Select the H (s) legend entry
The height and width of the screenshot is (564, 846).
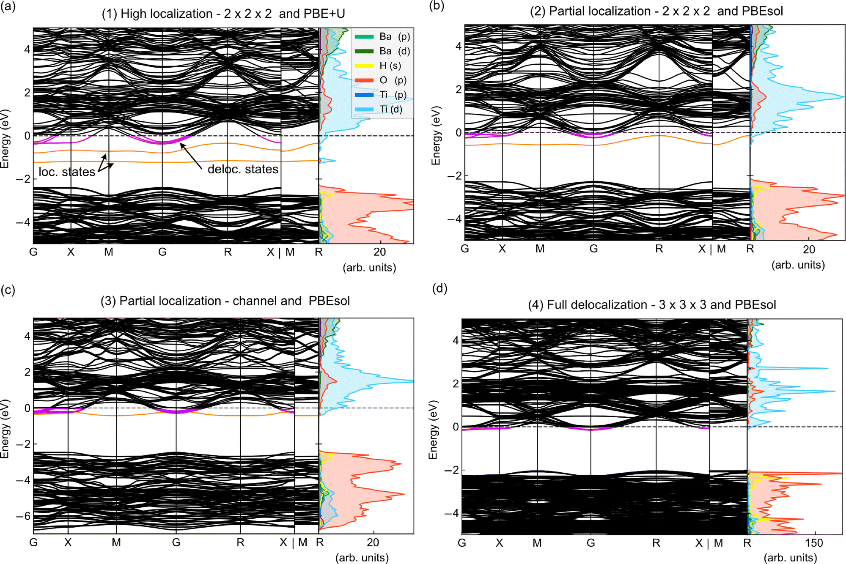pyautogui.click(x=390, y=66)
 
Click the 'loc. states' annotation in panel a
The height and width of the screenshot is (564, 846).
pyautogui.click(x=67, y=172)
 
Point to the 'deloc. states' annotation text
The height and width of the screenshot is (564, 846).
pyautogui.click(x=243, y=169)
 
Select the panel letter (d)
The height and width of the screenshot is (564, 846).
pyautogui.click(x=439, y=288)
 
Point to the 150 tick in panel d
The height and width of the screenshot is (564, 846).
pyautogui.click(x=814, y=543)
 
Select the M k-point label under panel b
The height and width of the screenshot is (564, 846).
pyautogui.click(x=540, y=249)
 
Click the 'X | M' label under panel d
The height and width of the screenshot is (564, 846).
pyautogui.click(x=709, y=543)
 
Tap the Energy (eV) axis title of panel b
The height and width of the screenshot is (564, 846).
pyautogui.click(x=436, y=135)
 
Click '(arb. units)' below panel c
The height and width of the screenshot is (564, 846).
pyautogui.click(x=362, y=558)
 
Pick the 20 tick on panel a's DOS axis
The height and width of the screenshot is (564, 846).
pyautogui.click(x=379, y=252)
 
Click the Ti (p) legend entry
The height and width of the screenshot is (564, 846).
pyautogui.click(x=393, y=95)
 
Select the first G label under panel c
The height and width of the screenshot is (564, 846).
pyautogui.click(x=33, y=542)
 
